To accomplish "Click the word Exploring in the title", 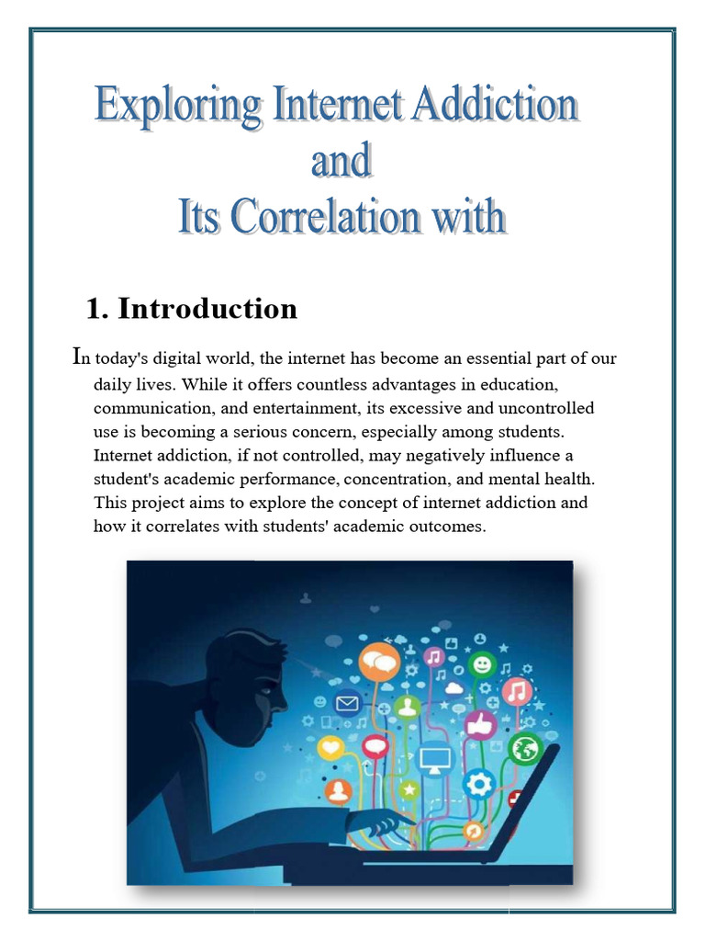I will pyautogui.click(x=178, y=107).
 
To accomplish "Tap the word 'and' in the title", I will pyautogui.click(x=341, y=163).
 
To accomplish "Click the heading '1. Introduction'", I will pyautogui.click(x=191, y=309).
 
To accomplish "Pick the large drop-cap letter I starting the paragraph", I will pyautogui.click(x=77, y=357).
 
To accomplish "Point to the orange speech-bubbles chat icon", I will pyautogui.click(x=379, y=660).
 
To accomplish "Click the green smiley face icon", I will pyautogui.click(x=480, y=663).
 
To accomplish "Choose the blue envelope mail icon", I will pyautogui.click(x=347, y=705).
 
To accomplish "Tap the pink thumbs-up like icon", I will pyautogui.click(x=480, y=726).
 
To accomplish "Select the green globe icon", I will pyautogui.click(x=525, y=749).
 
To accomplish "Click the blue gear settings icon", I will pyautogui.click(x=478, y=783).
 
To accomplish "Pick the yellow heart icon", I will pyautogui.click(x=330, y=749).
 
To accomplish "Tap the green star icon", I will pyautogui.click(x=408, y=789).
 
